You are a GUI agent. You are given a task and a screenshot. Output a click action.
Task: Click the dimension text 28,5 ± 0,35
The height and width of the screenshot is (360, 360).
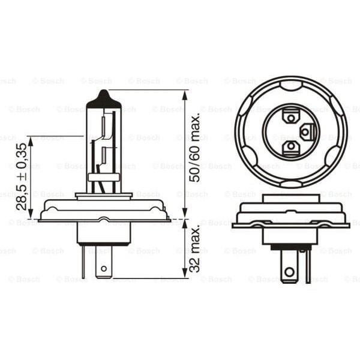point(21,176)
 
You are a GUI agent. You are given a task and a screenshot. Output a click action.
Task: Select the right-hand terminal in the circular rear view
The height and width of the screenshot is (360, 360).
point(306,131)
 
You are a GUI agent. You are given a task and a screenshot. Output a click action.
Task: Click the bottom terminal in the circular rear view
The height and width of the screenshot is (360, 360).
point(290,146)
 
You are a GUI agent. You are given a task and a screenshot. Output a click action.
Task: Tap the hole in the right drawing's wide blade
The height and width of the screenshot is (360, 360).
point(290,270)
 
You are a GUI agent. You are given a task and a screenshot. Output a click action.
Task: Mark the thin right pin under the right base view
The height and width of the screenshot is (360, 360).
point(308,264)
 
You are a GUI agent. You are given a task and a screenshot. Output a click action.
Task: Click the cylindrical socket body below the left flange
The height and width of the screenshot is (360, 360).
point(104,234)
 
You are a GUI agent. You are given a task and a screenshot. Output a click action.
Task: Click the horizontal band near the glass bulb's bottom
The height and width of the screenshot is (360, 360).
point(104,177)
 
